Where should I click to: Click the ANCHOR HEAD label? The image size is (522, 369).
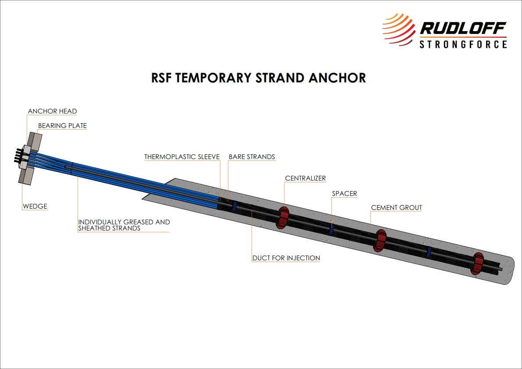(x=52, y=111)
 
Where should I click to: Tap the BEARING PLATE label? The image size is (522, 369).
(x=62, y=126)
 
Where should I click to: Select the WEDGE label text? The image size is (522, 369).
(x=35, y=206)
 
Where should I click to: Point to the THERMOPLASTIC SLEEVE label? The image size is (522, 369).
(x=182, y=157)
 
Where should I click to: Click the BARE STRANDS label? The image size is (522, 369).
(x=252, y=157)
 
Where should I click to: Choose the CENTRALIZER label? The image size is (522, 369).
(x=305, y=178)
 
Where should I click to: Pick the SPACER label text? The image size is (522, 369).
(x=344, y=193)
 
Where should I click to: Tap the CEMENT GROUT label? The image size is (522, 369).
(x=396, y=208)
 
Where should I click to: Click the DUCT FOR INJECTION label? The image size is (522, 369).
(x=286, y=258)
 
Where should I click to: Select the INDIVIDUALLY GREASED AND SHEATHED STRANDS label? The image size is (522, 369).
(x=124, y=225)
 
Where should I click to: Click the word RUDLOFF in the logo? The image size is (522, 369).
(x=463, y=28)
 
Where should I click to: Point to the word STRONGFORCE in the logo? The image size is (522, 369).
(x=463, y=44)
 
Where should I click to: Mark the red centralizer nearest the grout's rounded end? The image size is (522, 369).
(x=476, y=263)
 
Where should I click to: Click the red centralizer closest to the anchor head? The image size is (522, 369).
(x=282, y=217)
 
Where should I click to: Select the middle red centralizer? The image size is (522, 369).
(x=380, y=240)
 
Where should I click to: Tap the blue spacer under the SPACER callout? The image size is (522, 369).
(x=332, y=229)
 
